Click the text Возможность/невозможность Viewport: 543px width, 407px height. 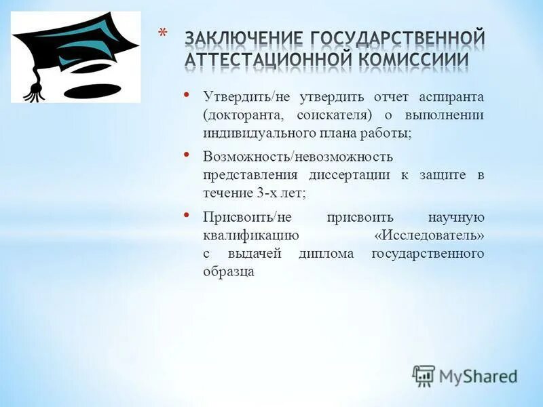(x=298, y=157)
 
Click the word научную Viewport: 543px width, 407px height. (x=455, y=217)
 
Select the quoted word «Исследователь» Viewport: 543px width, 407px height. (x=430, y=235)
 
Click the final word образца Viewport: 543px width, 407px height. (x=228, y=272)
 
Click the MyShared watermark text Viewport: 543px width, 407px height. (x=477, y=375)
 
